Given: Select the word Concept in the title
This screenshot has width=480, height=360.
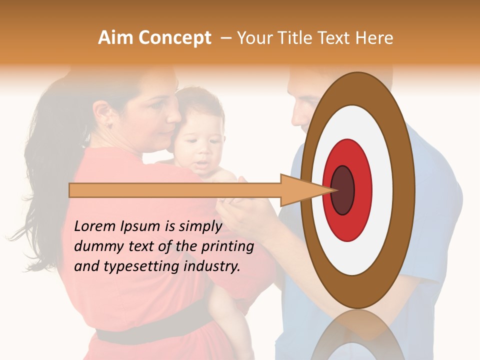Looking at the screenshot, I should pos(175,38).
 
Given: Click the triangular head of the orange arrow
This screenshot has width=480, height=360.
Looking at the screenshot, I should pos(300,190).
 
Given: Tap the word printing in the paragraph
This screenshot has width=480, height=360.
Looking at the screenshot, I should pos(230,246).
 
